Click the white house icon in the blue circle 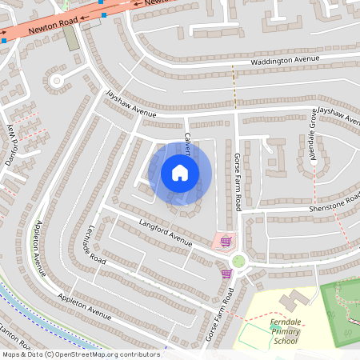coord(180,173)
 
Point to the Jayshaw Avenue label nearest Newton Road coord(131,103)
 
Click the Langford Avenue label coord(166,231)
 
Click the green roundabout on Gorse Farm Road coord(238,261)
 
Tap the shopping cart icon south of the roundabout coord(226,273)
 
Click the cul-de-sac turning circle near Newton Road coord(56,81)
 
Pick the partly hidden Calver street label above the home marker coord(188,142)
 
